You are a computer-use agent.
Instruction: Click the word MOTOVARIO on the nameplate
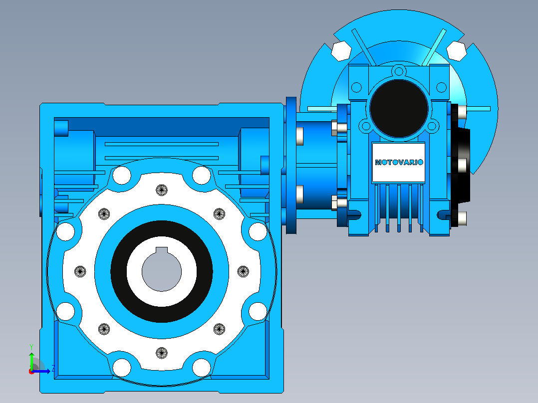(399, 162)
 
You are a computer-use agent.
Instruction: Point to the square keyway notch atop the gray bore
(162, 250)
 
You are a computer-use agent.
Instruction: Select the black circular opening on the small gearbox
(399, 108)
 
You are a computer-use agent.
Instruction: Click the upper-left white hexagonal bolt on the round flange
(341, 51)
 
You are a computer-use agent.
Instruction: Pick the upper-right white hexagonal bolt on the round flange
(456, 51)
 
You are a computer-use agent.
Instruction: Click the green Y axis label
(31, 347)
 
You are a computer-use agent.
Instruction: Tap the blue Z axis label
(53, 369)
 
